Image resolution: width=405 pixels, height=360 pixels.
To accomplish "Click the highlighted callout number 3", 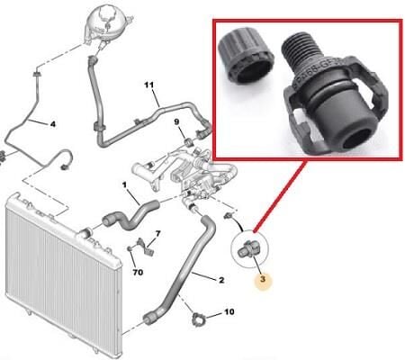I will [262, 280].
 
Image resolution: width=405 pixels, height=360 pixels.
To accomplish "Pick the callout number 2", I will [220, 280].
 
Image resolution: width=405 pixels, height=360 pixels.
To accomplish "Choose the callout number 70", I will [138, 269].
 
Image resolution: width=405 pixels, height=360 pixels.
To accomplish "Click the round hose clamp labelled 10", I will [201, 317].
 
